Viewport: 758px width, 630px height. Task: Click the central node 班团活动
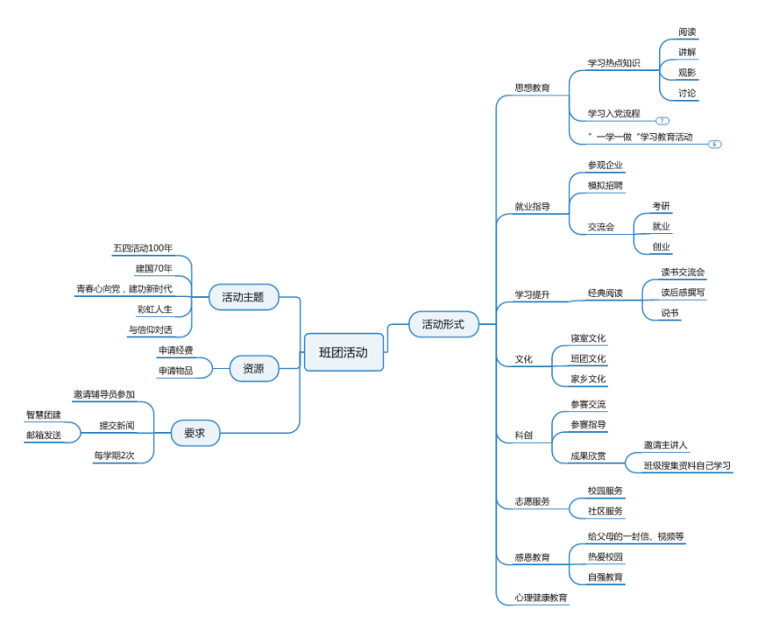click(x=343, y=353)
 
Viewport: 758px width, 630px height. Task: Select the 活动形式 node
click(x=443, y=324)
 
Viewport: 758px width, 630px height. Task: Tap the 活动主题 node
click(x=243, y=296)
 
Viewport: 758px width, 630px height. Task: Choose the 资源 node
click(x=253, y=367)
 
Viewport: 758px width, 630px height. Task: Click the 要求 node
click(x=195, y=434)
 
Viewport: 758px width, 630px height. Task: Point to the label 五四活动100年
click(x=143, y=247)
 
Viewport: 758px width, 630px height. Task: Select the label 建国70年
click(x=154, y=268)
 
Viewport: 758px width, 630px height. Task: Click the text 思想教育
click(x=532, y=88)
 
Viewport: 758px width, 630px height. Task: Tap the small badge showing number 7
click(x=663, y=121)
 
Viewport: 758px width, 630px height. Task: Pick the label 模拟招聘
click(x=605, y=184)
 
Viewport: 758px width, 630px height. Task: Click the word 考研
click(x=661, y=206)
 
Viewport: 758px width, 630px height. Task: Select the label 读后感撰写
click(x=683, y=292)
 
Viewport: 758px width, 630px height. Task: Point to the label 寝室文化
click(x=588, y=338)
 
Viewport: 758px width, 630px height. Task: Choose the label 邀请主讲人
click(x=665, y=445)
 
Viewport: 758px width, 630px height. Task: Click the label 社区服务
click(x=605, y=511)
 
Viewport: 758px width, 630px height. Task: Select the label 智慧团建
click(x=43, y=415)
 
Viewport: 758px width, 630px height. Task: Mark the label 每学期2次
click(x=114, y=455)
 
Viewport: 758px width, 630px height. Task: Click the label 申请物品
click(x=175, y=370)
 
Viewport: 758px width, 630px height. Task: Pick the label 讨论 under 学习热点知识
click(x=687, y=93)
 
